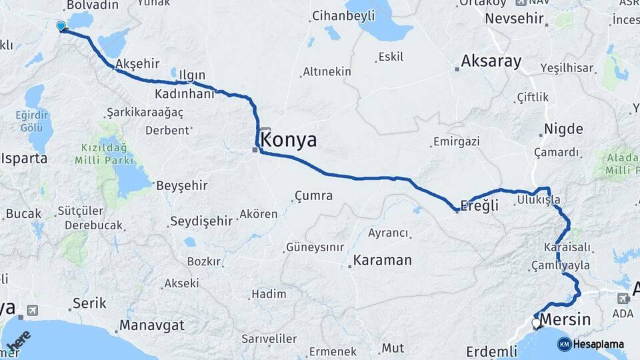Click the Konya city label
pos(289,140)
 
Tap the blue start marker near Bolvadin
pos(61,26)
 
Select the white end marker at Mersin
pos(537,324)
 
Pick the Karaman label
pos(383,260)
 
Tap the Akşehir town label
pos(137,64)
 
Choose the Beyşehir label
pos(181,185)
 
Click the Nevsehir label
pos(515,18)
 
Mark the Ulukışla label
pos(537,200)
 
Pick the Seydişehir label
pos(201,221)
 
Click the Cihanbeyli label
pos(340,15)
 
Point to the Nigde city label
pos(563,129)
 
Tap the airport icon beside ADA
pos(623,298)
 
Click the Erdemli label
pos(491,351)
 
